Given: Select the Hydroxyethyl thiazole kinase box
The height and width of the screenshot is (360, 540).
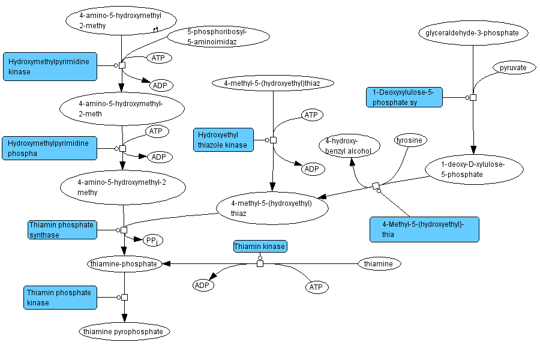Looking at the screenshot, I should coord(222,140).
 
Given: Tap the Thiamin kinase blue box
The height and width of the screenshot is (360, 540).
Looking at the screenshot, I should coord(260,247).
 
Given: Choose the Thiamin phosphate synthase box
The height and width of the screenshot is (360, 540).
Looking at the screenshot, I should coord(61,230).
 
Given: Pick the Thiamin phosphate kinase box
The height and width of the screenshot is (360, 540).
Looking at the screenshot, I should coord(61,298).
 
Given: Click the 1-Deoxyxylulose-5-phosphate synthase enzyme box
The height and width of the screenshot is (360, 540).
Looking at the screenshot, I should coord(404,97).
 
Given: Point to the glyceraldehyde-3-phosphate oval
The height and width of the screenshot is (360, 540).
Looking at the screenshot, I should coord(473,32).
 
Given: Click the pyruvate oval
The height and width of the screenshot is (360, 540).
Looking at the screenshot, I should coord(513,68).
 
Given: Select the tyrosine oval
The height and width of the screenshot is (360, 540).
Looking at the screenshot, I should coord(411,140).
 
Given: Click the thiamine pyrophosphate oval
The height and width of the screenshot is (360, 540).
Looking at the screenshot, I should coord(124,331).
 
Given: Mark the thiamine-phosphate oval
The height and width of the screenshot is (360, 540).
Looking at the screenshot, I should coord(124,263).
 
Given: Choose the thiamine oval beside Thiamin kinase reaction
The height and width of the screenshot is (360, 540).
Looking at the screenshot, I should coord(379,263).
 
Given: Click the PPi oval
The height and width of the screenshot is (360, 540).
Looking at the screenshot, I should coord(152,241).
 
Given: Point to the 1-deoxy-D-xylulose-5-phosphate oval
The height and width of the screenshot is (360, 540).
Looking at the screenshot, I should coord(465,169).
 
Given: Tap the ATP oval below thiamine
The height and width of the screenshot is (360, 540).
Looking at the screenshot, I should coord(316,287).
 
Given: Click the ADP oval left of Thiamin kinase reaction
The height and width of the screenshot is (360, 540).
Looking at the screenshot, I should coord(203,285).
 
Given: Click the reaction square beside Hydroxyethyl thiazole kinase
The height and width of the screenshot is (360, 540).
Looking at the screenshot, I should coord(273,140).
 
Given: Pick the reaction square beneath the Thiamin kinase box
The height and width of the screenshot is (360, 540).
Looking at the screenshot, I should coord(260,263).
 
